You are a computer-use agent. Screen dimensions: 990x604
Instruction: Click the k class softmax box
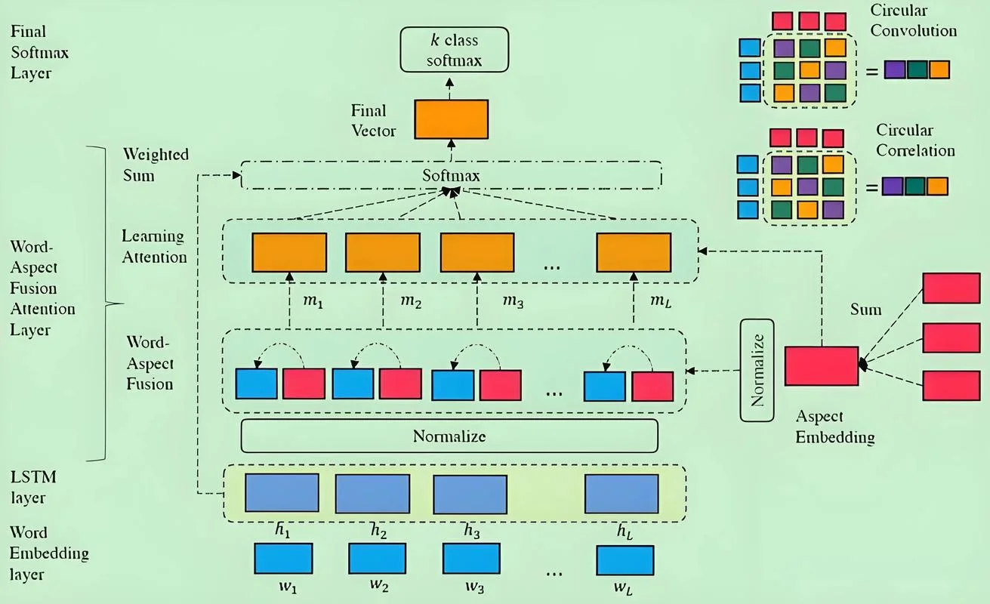455,50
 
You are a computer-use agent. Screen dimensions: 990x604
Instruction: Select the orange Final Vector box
452,119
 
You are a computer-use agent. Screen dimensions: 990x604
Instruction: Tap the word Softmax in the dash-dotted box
451,175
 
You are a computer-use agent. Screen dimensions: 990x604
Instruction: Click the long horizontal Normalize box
449,436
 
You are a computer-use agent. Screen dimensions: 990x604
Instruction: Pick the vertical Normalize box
757,370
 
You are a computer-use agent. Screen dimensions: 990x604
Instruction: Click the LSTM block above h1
282,493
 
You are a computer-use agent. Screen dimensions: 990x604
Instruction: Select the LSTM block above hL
621,494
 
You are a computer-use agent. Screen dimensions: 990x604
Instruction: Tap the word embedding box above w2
377,559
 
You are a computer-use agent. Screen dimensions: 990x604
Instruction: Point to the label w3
475,587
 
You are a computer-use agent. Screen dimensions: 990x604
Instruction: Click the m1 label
313,302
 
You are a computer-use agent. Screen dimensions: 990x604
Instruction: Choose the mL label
661,302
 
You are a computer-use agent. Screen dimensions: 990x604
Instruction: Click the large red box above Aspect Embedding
822,366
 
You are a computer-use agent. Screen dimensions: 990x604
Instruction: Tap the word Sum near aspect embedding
866,310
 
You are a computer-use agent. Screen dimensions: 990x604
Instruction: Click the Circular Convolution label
914,20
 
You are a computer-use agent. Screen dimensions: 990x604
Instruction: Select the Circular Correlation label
915,140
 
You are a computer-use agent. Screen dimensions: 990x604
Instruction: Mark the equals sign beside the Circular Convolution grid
871,71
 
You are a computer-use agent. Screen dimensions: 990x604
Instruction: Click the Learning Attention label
154,247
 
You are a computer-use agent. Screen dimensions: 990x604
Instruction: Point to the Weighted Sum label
156,165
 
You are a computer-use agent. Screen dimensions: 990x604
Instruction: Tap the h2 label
379,531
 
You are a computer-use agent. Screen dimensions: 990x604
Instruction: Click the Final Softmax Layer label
39,52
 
